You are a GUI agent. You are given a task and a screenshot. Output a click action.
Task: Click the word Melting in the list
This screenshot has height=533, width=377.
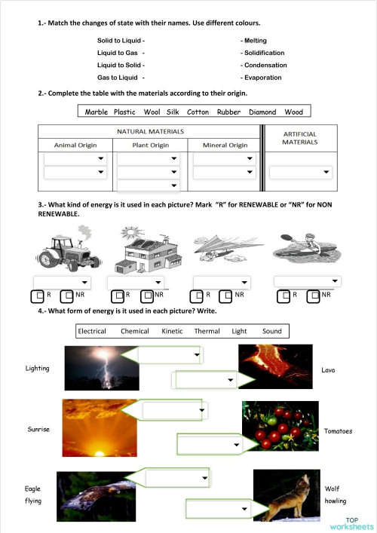pos(255,41)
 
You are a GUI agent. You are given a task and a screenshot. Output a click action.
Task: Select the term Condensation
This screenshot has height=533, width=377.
pos(264,65)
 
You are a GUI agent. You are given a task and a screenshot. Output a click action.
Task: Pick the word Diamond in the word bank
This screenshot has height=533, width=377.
pos(262,112)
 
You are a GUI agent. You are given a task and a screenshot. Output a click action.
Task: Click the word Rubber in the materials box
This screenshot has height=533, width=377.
pos(228,112)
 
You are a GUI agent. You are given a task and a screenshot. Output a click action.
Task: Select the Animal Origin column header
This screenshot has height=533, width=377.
pos(75,145)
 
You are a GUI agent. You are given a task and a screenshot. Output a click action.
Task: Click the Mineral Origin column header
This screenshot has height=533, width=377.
pos(225,145)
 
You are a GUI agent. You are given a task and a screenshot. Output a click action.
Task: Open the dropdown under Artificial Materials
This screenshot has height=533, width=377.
pos(301,173)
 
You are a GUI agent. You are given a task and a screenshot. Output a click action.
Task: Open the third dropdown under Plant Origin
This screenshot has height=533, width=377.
pos(149,185)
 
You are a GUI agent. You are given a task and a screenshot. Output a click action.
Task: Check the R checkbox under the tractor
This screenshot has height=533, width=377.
pos(37,296)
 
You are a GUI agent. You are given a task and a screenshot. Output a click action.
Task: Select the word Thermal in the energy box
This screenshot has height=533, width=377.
pos(206,331)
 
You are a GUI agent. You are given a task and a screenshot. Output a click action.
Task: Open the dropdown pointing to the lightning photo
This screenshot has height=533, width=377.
pos(170,354)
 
